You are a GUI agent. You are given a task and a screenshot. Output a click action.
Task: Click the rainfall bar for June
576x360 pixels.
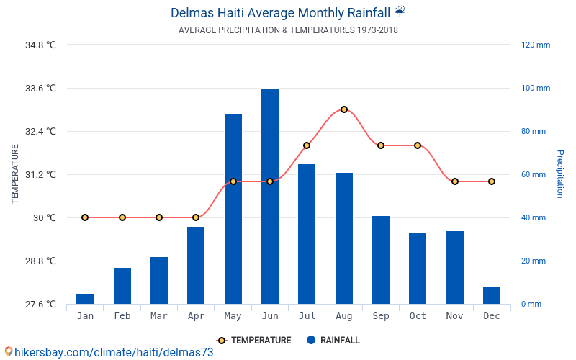pyautogui.click(x=270, y=196)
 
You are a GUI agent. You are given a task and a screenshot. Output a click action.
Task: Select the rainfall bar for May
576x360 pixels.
pyautogui.click(x=233, y=209)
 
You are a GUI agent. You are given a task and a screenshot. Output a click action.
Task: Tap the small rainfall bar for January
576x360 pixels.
pyautogui.click(x=85, y=299)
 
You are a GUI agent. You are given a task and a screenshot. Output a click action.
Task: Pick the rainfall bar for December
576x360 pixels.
pyautogui.click(x=492, y=295)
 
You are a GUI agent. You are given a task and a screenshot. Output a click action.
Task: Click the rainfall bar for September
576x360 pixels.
pyautogui.click(x=381, y=260)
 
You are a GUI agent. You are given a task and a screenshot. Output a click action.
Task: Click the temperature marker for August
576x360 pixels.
pyautogui.click(x=344, y=109)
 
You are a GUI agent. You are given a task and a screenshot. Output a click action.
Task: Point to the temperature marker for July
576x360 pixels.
pyautogui.click(x=307, y=145)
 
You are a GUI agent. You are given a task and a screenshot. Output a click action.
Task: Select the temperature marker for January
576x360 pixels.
pyautogui.click(x=85, y=217)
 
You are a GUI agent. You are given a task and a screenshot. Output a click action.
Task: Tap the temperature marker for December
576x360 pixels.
pyautogui.click(x=492, y=181)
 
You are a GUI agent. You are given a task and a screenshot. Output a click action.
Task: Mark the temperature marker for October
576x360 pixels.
pyautogui.click(x=418, y=145)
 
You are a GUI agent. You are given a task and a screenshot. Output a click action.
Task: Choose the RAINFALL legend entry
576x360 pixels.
pyautogui.click(x=332, y=341)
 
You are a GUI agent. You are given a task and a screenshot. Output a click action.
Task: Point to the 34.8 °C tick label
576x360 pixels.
pyautogui.click(x=40, y=45)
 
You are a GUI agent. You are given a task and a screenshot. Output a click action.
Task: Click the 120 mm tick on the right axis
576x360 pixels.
pyautogui.click(x=536, y=45)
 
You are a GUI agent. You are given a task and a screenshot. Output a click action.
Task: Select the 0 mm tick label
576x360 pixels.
pyautogui.click(x=531, y=304)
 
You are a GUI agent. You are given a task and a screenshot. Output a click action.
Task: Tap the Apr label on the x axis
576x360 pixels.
pyautogui.click(x=196, y=316)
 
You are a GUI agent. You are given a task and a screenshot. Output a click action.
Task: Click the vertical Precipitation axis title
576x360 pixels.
pyautogui.click(x=560, y=174)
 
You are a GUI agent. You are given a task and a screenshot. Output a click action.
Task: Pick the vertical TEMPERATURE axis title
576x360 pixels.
pyautogui.click(x=15, y=174)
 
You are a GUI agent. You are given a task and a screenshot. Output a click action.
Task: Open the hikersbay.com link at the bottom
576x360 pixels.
pyautogui.click(x=108, y=352)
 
